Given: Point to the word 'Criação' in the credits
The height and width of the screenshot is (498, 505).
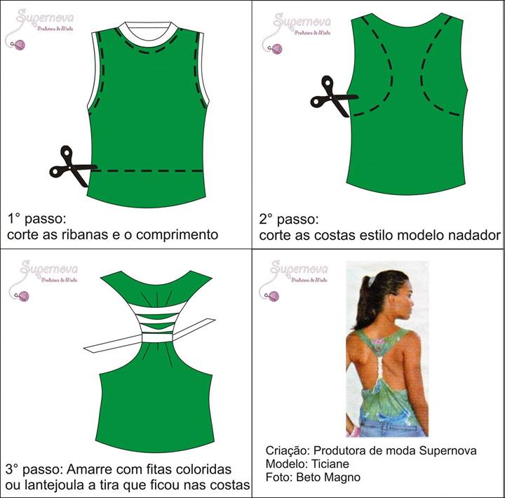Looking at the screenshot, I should pyautogui.click(x=287, y=450).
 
